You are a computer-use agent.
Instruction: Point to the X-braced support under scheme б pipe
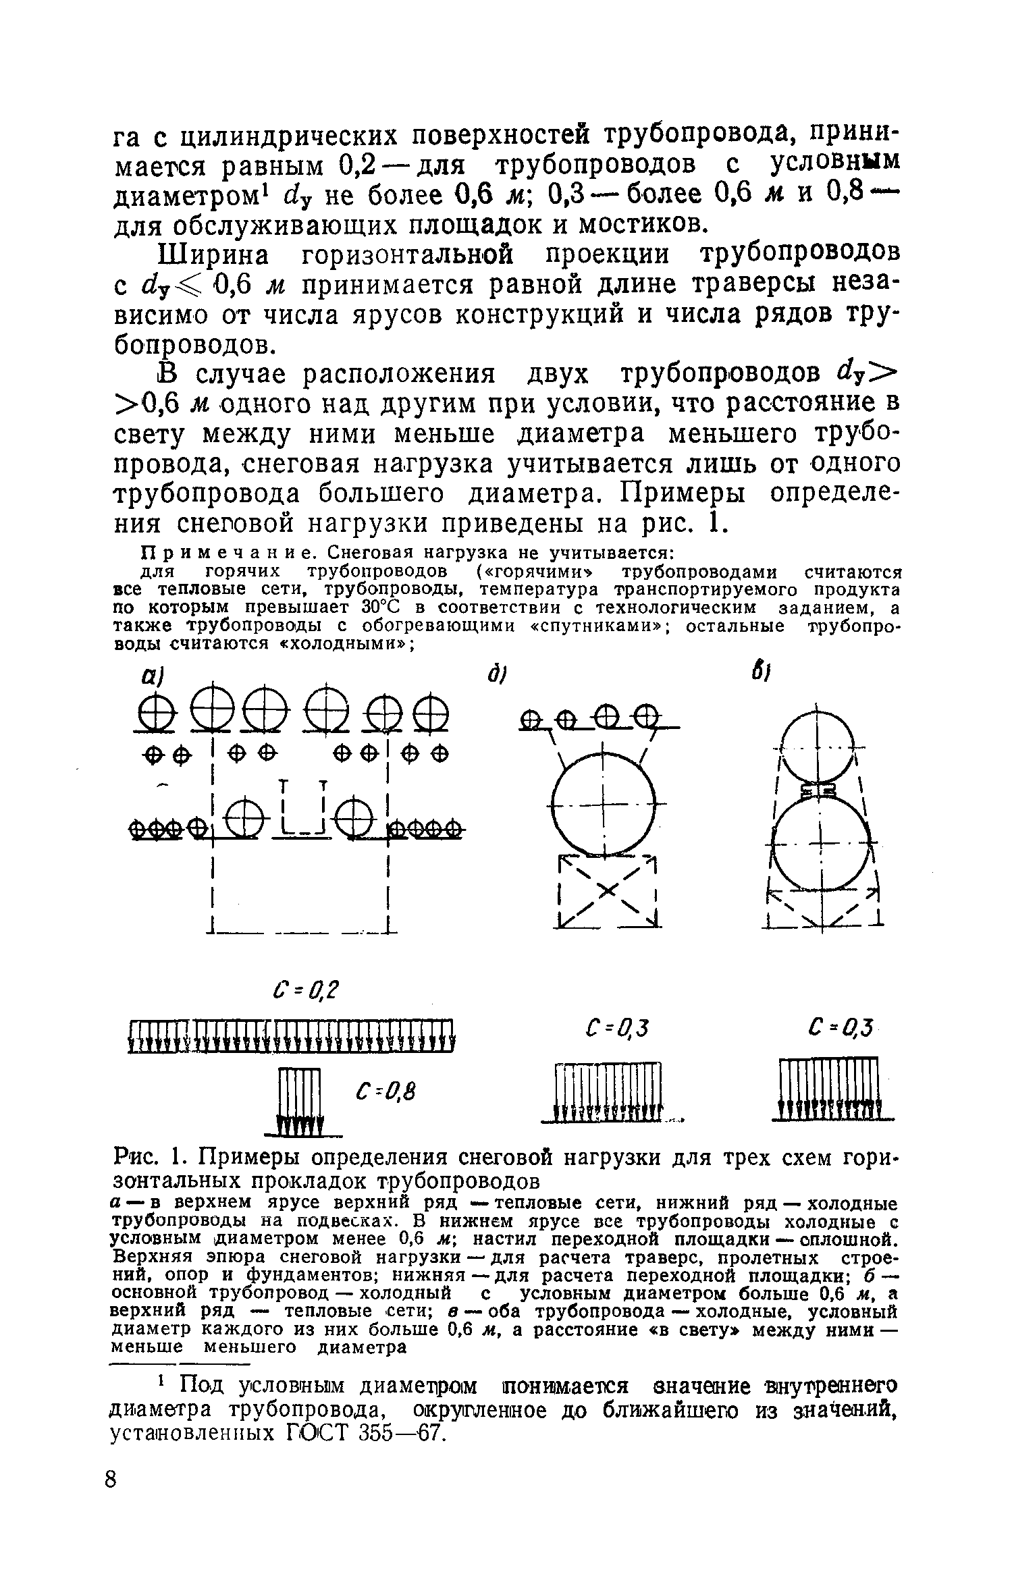(606, 892)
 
